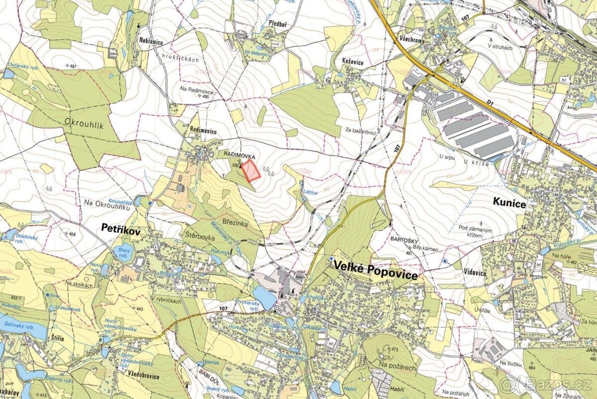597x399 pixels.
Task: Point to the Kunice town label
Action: [x=509, y=201]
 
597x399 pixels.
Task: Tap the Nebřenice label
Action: [x=151, y=42]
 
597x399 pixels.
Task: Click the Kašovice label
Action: [x=353, y=60]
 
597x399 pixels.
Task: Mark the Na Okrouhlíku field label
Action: [x=103, y=202]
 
